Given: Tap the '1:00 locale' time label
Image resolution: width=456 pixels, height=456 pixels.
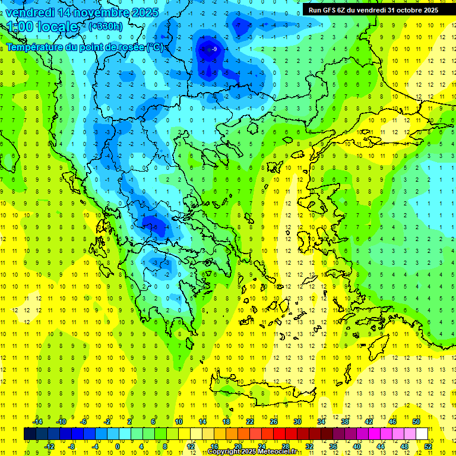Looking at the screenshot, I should point(43,27).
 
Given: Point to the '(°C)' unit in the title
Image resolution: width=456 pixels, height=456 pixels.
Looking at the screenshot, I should point(154,47).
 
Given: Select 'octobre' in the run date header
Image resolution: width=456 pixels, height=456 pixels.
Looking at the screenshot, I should point(406,10).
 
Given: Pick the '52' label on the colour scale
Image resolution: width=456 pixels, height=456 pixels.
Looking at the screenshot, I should point(428,446).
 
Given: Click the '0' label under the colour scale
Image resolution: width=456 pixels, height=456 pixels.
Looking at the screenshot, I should point(118,446).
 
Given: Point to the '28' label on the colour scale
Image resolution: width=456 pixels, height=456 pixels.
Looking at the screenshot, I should point(286,446).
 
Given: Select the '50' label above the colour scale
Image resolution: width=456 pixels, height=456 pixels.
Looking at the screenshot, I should point(416,421).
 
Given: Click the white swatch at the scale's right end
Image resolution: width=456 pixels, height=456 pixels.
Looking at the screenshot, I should point(422,433).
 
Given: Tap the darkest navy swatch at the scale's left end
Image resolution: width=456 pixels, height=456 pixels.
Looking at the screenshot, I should point(30,433).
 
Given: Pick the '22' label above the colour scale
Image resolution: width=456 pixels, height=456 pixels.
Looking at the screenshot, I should point(250,421).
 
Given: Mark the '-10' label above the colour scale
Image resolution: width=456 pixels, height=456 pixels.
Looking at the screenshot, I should point(61,421).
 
